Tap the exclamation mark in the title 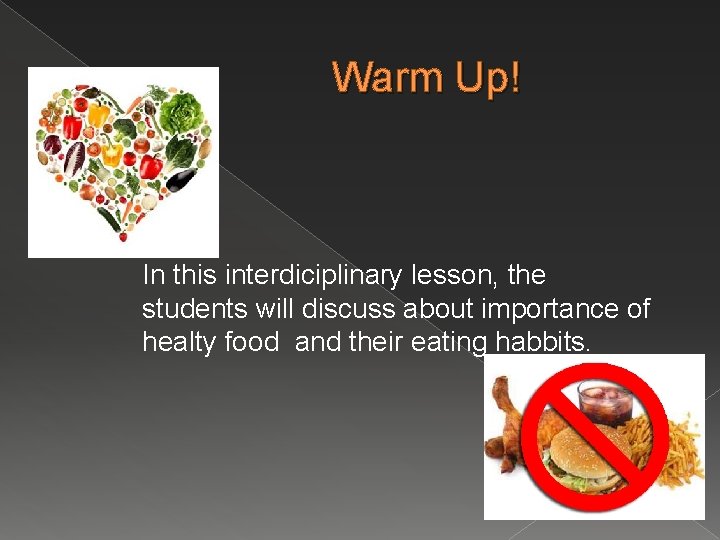514,77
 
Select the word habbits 541,343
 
